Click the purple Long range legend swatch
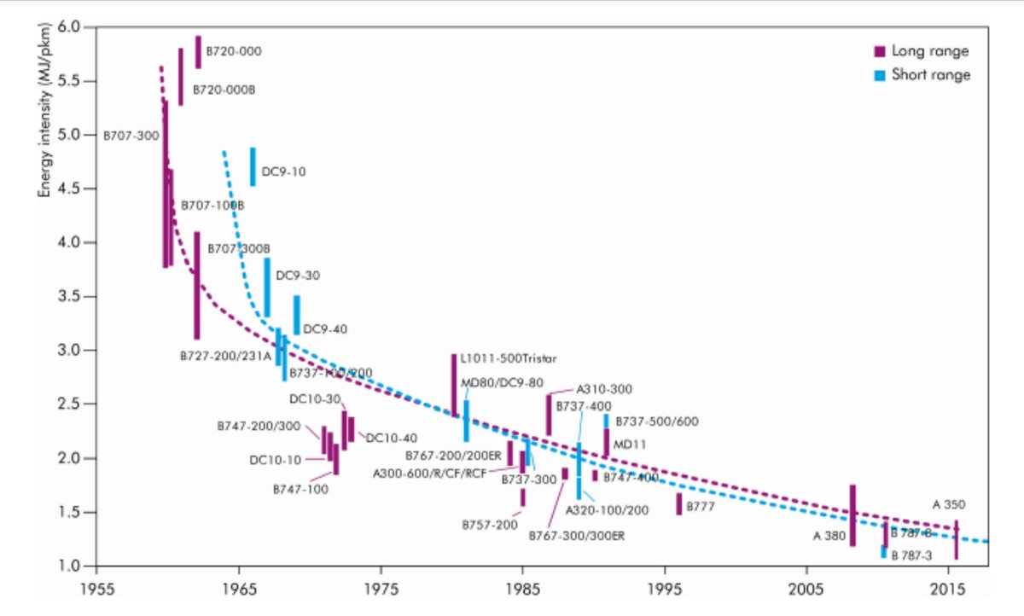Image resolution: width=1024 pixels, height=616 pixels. pyautogui.click(x=880, y=50)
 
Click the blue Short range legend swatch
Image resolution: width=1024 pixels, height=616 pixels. pyautogui.click(x=880, y=74)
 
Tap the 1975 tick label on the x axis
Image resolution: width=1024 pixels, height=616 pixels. pyautogui.click(x=381, y=590)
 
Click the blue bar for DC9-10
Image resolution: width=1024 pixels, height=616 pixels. pyautogui.click(x=253, y=166)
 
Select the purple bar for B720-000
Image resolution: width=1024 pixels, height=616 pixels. pyautogui.click(x=198, y=52)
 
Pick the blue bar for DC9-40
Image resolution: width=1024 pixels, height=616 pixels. pyautogui.click(x=297, y=315)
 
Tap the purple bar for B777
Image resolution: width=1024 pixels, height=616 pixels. pyautogui.click(x=679, y=503)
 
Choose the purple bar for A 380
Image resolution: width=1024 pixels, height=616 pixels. pyautogui.click(x=852, y=515)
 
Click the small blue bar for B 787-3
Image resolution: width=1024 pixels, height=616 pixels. pyautogui.click(x=883, y=552)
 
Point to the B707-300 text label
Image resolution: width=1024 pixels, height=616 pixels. pyautogui.click(x=131, y=136)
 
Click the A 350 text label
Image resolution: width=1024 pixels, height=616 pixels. pyautogui.click(x=948, y=503)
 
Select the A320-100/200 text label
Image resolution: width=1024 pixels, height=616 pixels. pyautogui.click(x=608, y=511)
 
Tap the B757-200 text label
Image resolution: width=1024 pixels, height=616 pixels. pyautogui.click(x=490, y=525)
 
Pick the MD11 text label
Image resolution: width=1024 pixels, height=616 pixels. pyautogui.click(x=626, y=444)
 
